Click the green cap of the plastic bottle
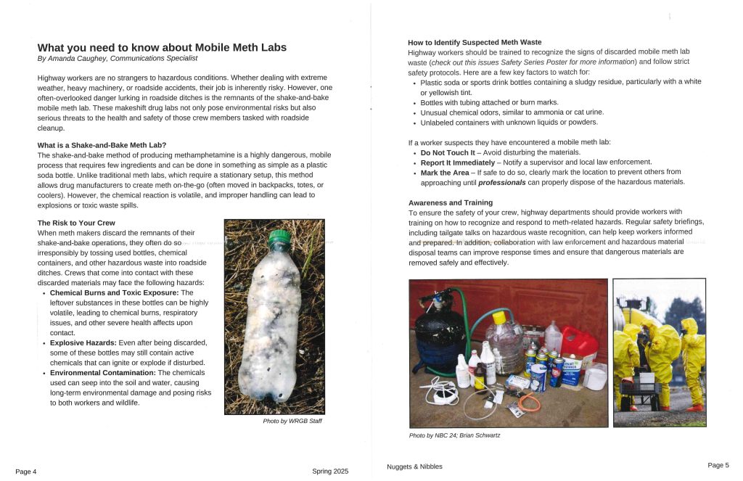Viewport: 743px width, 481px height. click(x=279, y=237)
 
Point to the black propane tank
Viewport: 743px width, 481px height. click(x=439, y=334)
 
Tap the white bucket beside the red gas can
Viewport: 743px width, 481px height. click(x=595, y=376)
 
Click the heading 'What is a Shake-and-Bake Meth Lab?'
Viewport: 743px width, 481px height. click(x=102, y=145)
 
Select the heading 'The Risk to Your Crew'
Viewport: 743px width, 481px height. click(x=76, y=223)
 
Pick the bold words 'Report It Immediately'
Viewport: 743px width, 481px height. click(x=457, y=163)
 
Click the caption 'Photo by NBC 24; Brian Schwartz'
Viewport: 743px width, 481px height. click(x=454, y=435)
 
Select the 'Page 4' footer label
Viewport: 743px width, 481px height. click(x=25, y=472)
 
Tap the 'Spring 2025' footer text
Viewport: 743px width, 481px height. click(x=330, y=472)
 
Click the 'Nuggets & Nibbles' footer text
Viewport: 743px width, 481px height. click(x=414, y=466)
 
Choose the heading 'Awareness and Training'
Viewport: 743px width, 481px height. click(x=450, y=202)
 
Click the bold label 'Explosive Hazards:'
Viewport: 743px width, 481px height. click(x=83, y=342)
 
